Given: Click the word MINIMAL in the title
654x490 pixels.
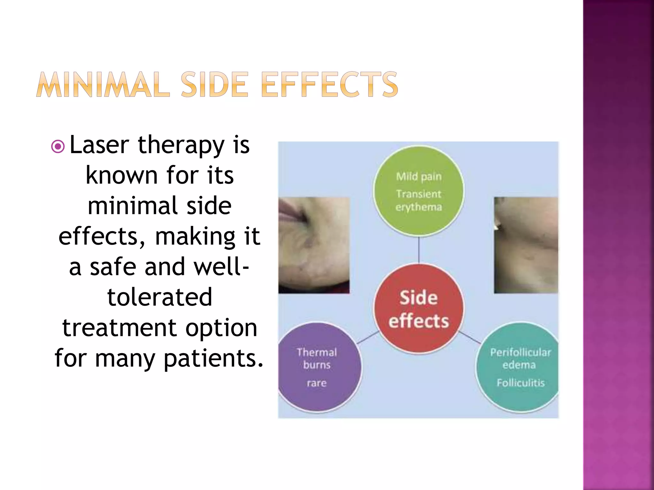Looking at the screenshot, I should [103, 85].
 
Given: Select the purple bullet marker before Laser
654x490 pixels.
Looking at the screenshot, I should [58, 147].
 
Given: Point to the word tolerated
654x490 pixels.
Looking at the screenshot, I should [160, 297].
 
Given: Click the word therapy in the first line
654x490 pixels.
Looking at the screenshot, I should [181, 146].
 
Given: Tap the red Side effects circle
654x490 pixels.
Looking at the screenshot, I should [418, 308].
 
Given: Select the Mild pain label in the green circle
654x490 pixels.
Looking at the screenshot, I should [419, 176].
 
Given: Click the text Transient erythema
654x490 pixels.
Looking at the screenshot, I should [419, 200].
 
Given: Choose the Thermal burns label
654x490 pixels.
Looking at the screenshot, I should [317, 358].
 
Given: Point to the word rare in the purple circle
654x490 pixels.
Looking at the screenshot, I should [317, 383].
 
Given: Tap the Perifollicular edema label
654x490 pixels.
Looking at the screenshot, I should [520, 358].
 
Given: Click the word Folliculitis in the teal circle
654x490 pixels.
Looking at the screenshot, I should [520, 382].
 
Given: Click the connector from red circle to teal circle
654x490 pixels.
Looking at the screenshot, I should [470, 338].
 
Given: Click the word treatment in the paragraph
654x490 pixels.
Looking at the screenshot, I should [119, 328].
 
